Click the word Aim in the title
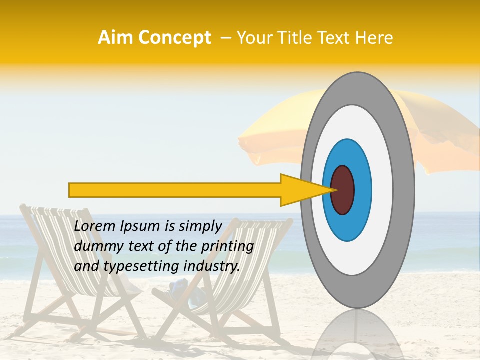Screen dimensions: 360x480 tap(116, 38)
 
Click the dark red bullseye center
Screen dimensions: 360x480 tap(342, 190)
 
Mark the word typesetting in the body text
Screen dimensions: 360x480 tap(133, 267)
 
